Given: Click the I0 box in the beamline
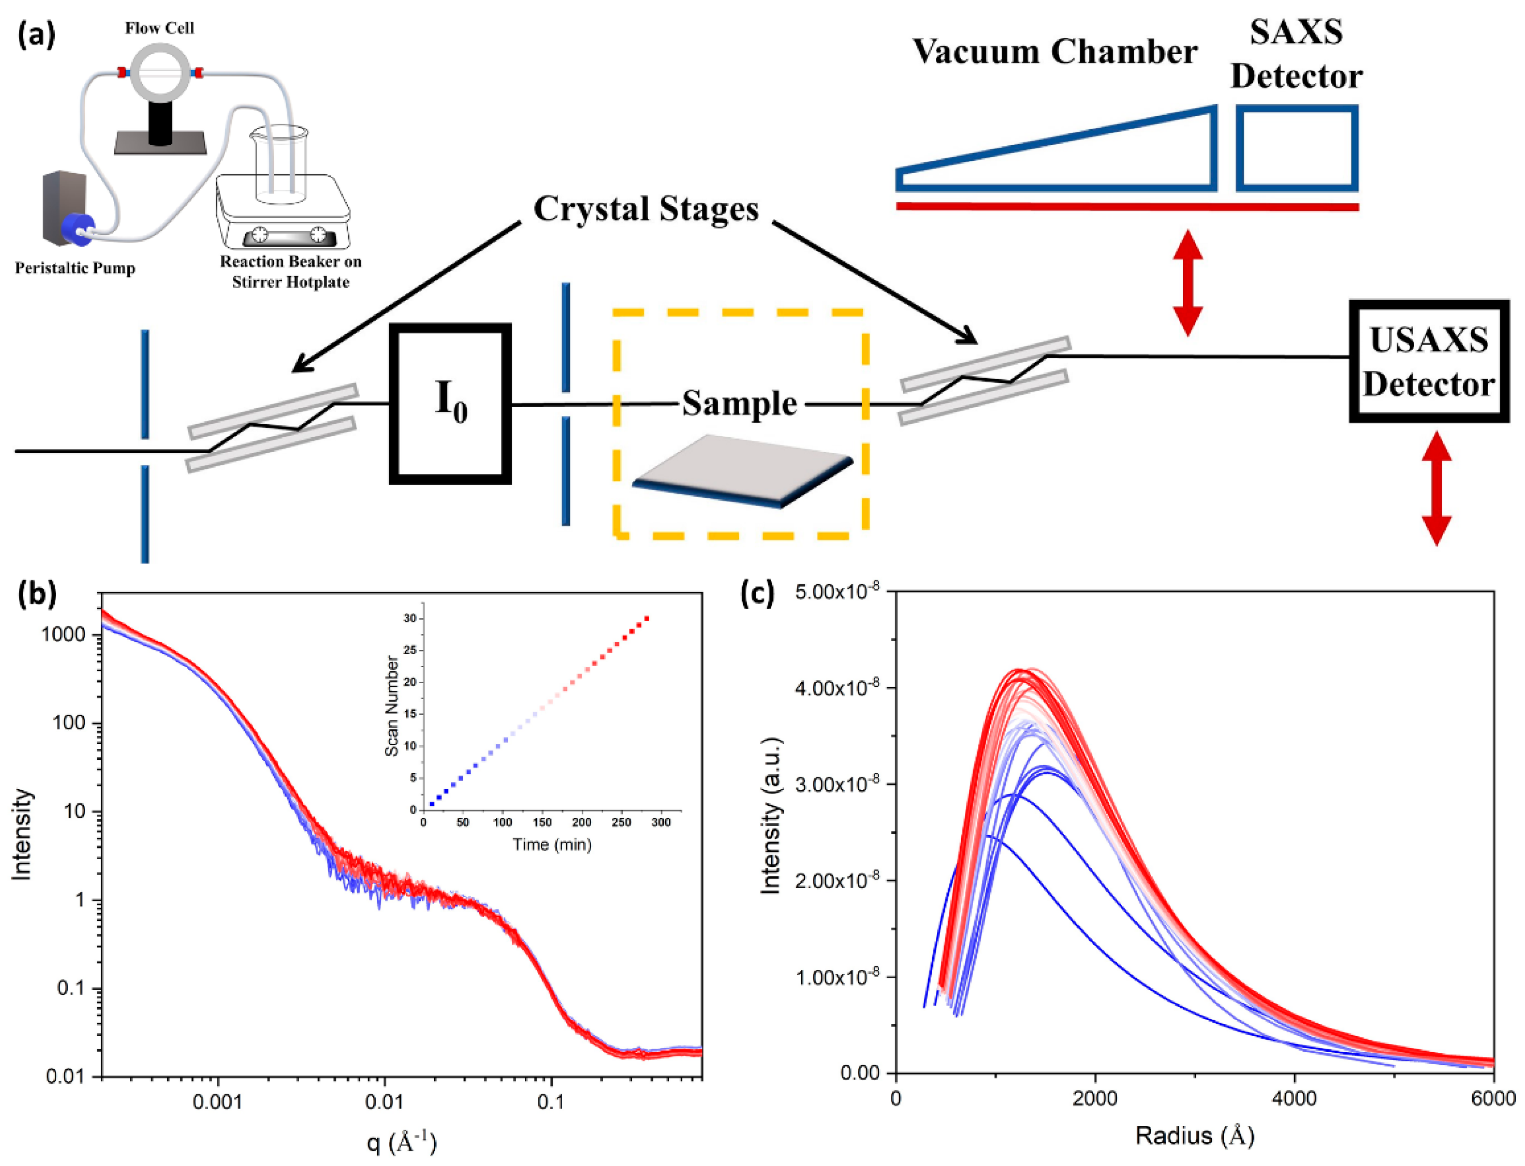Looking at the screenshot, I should pos(450,403).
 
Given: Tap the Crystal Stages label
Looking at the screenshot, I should pos(645,208).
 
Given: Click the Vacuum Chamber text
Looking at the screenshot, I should pos(1054,52).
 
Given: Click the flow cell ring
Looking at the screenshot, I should pos(160,72).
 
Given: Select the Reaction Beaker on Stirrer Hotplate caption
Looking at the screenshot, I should pos(290,271).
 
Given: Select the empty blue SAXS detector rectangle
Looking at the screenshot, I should pos(1296,148).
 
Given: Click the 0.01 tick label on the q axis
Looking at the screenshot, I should pos(384,1102).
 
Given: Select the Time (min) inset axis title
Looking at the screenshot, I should pos(551,844).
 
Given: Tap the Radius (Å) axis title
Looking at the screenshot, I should pos(1195,1135).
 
